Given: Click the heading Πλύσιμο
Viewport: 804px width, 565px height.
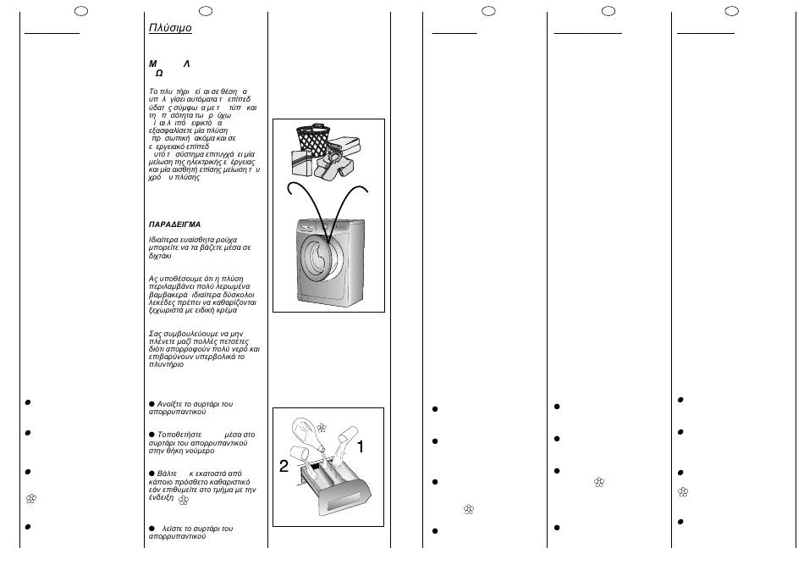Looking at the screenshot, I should tap(170, 28).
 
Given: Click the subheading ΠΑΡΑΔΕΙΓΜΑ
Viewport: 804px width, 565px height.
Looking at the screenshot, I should tap(174, 224).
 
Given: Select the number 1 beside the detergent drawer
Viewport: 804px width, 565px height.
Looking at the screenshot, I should tap(360, 446).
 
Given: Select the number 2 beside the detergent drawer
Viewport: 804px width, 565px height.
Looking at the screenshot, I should tap(284, 466).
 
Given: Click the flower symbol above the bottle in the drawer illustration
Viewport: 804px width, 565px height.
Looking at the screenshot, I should tap(322, 427).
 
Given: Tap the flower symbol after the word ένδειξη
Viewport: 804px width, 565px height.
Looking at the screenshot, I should tap(183, 500).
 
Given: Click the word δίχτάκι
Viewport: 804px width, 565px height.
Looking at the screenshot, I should tap(160, 256).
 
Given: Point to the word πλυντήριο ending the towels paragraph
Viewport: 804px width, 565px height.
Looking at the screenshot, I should tap(166, 364).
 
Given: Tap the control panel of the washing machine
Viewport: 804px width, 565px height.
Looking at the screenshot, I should tap(330, 227).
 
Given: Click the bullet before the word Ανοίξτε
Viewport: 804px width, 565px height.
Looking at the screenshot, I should tap(151, 404).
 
